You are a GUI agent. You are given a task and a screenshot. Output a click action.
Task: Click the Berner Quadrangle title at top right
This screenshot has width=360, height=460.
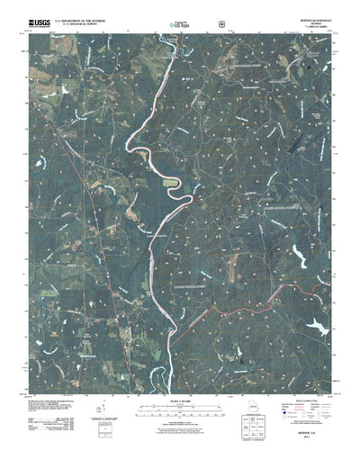(x=309, y=16)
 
